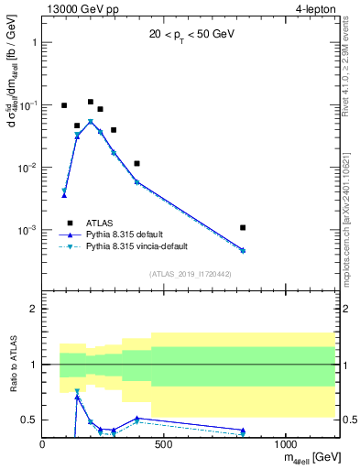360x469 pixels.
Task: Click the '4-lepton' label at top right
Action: (314, 9)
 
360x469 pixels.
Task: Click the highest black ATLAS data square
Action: (91, 102)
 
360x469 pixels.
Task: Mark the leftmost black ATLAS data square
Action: (64, 105)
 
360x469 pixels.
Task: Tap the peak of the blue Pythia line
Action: (91, 121)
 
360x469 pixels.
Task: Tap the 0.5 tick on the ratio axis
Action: (29, 420)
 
